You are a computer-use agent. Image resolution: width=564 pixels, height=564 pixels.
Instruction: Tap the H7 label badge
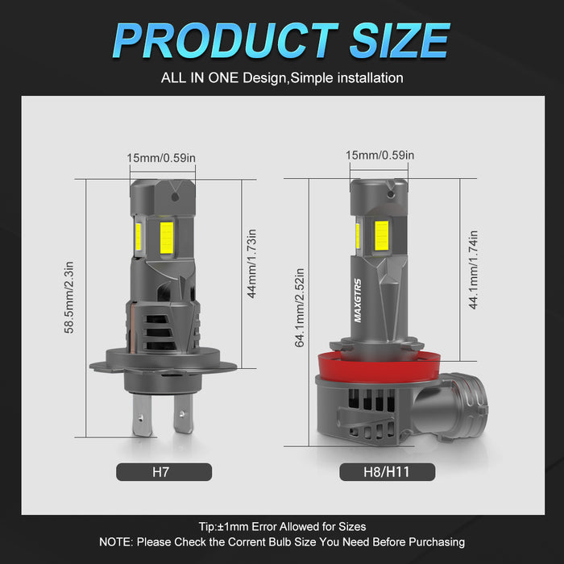click(164, 471)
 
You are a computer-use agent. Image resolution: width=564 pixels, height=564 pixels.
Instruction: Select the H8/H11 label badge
click(387, 471)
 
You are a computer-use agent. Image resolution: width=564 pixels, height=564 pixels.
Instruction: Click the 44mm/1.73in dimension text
click(251, 267)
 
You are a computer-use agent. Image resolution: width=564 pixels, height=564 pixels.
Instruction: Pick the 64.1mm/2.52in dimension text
click(299, 308)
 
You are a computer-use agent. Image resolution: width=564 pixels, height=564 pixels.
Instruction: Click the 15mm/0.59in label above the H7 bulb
click(161, 158)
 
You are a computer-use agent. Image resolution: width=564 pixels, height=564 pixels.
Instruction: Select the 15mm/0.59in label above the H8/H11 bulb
click(379, 155)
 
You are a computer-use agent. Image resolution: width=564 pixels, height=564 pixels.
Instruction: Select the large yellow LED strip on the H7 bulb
click(167, 236)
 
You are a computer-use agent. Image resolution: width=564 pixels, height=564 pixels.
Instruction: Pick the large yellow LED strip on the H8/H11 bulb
click(381, 234)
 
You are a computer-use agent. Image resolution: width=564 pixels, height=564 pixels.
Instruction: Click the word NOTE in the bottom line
click(115, 542)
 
